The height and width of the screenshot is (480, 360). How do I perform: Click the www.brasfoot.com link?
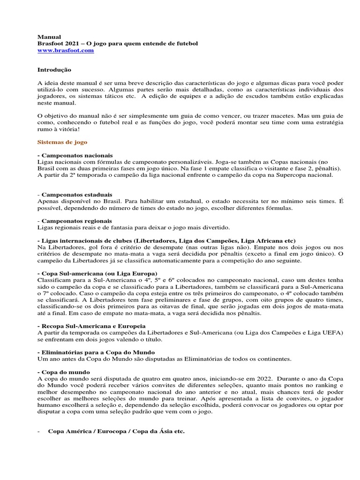click(x=66, y=51)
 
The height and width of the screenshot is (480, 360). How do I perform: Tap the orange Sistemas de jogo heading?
click(x=62, y=141)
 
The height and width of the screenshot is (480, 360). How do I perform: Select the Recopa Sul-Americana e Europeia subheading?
click(x=93, y=325)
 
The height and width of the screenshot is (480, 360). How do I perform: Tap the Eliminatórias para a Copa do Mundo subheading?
click(x=97, y=352)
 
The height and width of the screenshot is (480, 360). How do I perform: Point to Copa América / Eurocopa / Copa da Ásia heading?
click(x=116, y=431)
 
